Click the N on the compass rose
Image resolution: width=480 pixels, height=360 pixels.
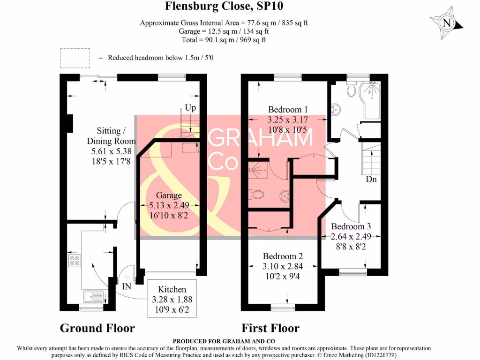(x=447, y=23)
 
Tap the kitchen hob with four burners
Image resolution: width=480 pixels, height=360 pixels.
(x=75, y=261)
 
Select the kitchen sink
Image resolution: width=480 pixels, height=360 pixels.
(x=94, y=297)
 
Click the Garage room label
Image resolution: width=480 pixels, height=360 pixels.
(x=169, y=195)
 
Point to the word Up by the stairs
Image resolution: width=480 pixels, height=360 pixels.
(x=190, y=108)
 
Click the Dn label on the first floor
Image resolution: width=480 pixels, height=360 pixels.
(x=371, y=179)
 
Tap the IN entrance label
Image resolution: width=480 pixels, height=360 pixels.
(x=127, y=286)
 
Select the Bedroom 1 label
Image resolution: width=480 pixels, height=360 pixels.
(x=288, y=110)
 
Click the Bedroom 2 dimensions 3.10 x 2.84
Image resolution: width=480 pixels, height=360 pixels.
(x=283, y=266)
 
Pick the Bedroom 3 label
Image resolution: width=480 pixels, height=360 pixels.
(x=351, y=226)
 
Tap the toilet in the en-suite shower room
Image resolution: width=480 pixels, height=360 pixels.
(x=258, y=195)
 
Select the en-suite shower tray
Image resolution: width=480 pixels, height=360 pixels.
(x=258, y=170)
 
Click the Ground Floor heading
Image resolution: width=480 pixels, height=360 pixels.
(x=97, y=328)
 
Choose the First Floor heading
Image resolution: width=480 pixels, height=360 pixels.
(x=270, y=328)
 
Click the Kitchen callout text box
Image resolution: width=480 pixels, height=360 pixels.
(x=172, y=299)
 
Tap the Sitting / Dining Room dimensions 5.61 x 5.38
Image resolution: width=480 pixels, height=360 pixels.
(x=112, y=151)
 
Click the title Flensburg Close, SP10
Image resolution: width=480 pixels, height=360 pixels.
(x=224, y=6)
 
